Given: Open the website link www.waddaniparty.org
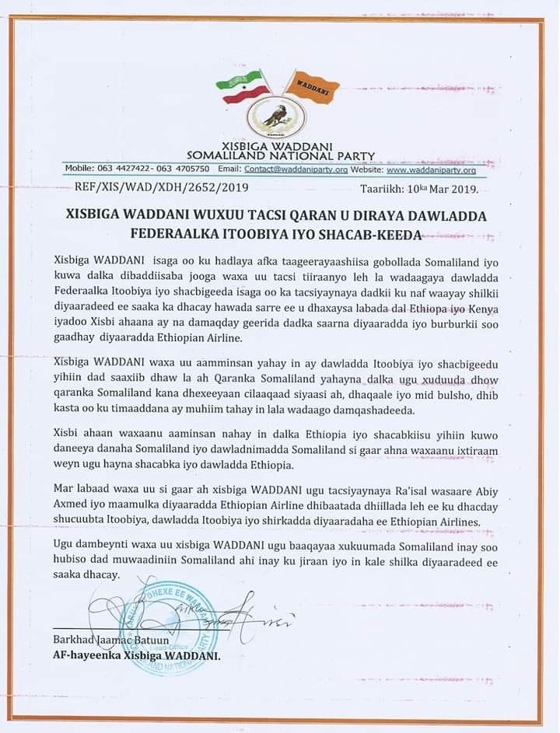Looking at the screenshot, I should click(431, 169).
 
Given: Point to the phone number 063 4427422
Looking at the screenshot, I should click(119, 169).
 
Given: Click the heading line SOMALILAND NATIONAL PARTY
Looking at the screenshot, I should click(281, 155).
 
